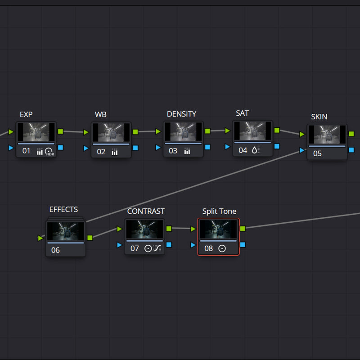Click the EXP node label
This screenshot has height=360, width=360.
26,114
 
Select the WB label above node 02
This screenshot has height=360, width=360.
100,114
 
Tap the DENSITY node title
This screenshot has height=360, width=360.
181,114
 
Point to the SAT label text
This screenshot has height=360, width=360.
242,113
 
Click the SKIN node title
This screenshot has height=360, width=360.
319,117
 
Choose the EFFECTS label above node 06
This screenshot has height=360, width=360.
63,209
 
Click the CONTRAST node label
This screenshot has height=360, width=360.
146,211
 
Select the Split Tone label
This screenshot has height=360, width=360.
219,211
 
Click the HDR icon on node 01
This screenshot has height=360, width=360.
49,152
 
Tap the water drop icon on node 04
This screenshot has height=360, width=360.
254,150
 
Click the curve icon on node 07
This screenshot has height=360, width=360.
157,248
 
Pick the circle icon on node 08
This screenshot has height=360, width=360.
222,248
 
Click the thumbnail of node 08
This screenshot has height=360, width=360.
218,229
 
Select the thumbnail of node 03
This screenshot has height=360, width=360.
183,131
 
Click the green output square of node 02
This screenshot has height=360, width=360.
135,132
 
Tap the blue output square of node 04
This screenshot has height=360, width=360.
277,146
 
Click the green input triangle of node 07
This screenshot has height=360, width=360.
119,229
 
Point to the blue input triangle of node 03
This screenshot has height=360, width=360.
158,147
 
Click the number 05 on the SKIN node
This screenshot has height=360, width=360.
317,153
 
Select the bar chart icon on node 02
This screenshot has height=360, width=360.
115,152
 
